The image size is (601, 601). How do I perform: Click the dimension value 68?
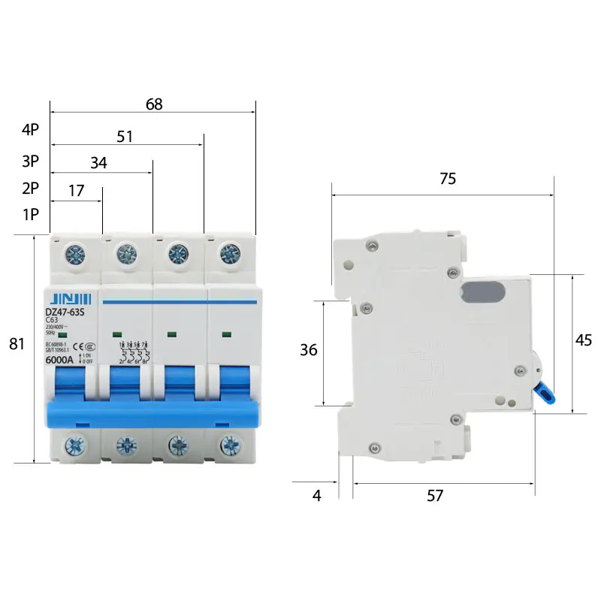(154, 104)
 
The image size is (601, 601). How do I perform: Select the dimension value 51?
(125, 137)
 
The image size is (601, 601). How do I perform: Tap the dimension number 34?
(98, 163)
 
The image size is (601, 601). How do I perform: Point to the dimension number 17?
(76, 191)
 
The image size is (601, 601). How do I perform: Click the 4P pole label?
(30, 129)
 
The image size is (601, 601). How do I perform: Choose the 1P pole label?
(30, 215)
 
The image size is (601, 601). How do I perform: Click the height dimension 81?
(17, 345)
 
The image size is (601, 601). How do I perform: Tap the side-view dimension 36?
(308, 350)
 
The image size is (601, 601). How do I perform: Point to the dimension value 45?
(583, 340)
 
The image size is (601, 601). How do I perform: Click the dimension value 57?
(435, 496)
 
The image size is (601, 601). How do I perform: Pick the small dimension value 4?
(317, 496)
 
